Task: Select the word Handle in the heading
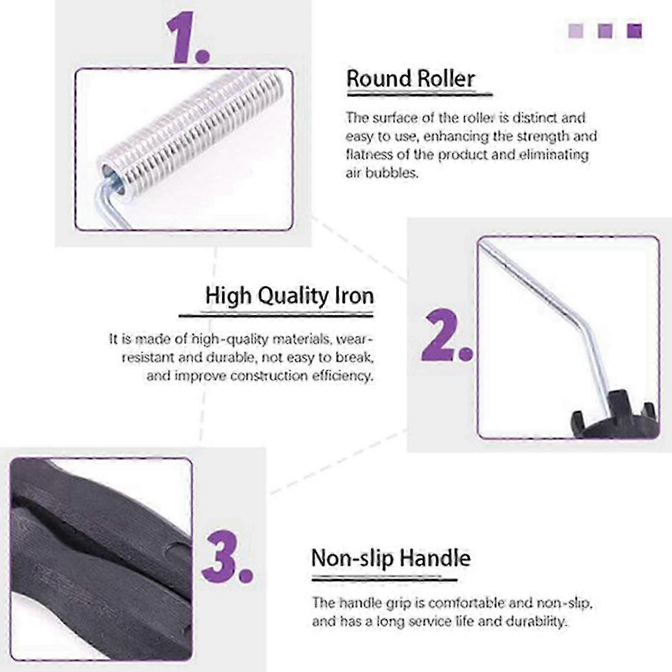point(435,558)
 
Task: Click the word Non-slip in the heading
point(352,558)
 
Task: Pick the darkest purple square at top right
point(634,31)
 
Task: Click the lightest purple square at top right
point(575,31)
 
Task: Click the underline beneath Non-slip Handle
point(384,580)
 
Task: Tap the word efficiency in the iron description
point(342,376)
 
